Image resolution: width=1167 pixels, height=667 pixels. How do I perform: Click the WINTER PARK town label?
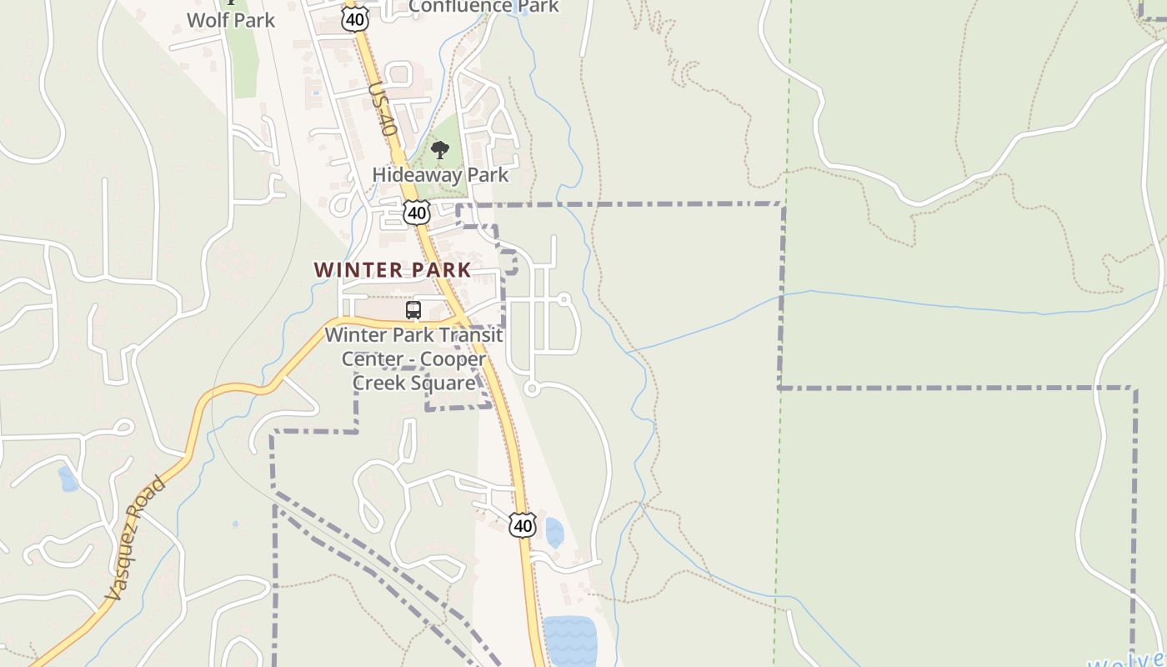click(x=393, y=270)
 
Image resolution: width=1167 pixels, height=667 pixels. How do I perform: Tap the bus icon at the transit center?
click(x=413, y=310)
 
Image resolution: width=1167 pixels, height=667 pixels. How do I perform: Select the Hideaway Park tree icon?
click(x=440, y=150)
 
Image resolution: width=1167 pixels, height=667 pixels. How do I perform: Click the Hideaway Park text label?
click(x=440, y=175)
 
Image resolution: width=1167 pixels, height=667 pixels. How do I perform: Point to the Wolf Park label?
click(x=231, y=20)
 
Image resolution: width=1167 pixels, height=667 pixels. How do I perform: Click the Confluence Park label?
click(x=483, y=7)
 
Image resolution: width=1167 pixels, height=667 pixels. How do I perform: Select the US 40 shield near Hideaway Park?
click(x=417, y=212)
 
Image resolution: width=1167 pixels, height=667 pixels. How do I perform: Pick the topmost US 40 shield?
click(x=355, y=18)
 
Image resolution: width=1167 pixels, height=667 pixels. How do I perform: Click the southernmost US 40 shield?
click(x=523, y=524)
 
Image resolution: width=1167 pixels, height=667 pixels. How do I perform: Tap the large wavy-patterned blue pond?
click(x=570, y=641)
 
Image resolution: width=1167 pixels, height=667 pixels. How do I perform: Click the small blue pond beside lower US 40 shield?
click(x=554, y=532)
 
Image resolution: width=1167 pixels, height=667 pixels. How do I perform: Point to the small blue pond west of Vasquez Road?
click(x=67, y=479)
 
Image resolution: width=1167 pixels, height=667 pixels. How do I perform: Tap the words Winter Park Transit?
click(x=413, y=335)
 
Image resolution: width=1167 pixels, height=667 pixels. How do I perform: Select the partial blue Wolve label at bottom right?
click(x=1125, y=660)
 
